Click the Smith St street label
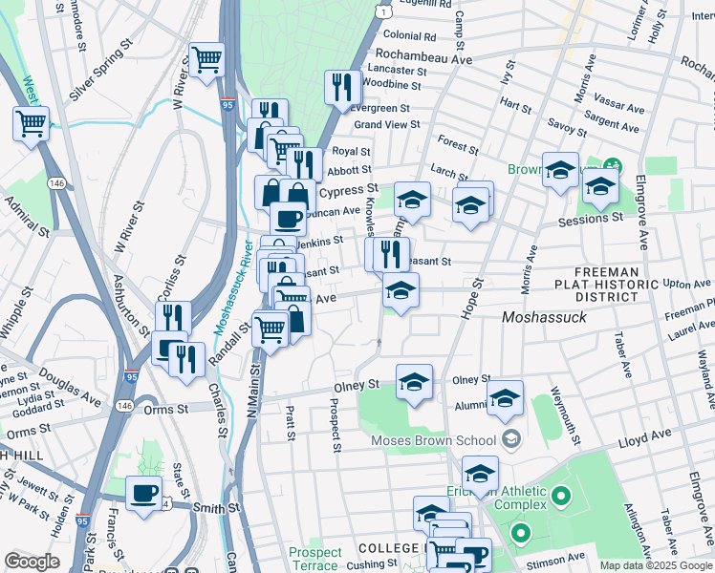pyautogui.click(x=216, y=507)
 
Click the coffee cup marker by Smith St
pyautogui.click(x=144, y=494)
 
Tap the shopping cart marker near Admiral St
pyautogui.click(x=31, y=122)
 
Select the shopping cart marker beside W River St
pyautogui.click(x=206, y=59)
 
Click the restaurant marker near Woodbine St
pyautogui.click(x=342, y=88)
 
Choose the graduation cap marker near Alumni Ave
pyautogui.click(x=505, y=398)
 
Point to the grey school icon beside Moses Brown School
pyautogui.click(x=510, y=440)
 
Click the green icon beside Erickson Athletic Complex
pyautogui.click(x=561, y=497)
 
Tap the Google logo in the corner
pyautogui.click(x=32, y=562)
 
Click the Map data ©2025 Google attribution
pyautogui.click(x=655, y=565)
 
